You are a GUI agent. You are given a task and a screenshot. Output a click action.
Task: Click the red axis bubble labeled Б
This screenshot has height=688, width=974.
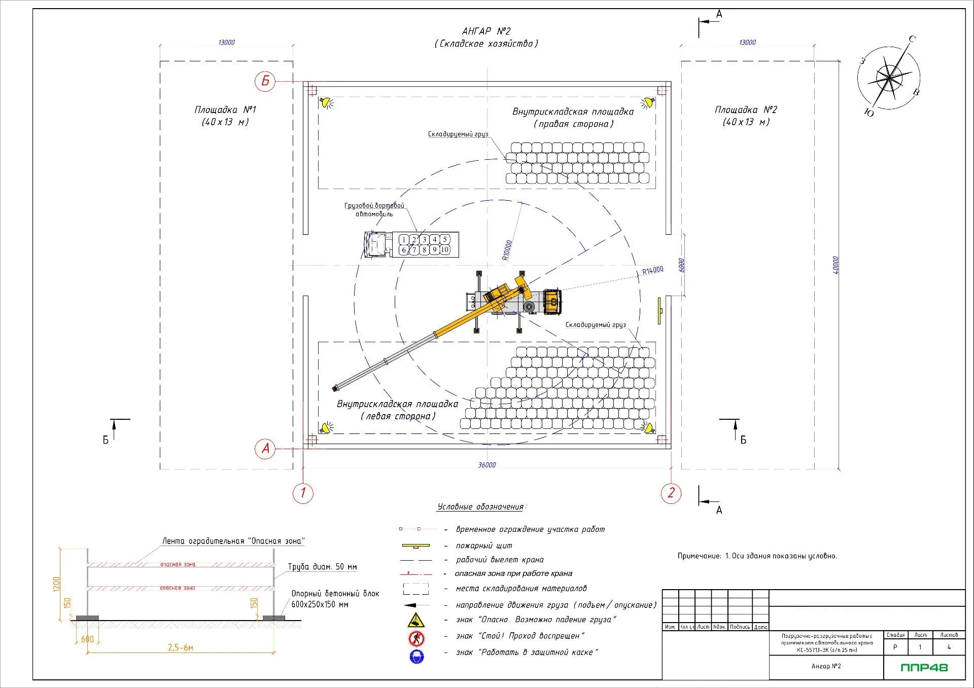[x=265, y=81]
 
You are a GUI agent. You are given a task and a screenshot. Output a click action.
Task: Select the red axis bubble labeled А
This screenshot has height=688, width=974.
[x=265, y=449]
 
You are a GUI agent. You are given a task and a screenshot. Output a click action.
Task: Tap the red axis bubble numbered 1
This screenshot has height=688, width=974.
[x=303, y=493]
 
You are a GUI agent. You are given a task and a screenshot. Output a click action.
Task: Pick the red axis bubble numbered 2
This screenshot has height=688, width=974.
[x=671, y=493]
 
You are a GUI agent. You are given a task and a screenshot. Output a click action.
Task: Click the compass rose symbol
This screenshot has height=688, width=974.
[x=889, y=78]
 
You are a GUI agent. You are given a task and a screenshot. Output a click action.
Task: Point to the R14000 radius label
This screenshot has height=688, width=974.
[x=652, y=271]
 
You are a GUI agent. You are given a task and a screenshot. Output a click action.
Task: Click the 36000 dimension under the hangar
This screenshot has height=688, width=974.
[x=487, y=465]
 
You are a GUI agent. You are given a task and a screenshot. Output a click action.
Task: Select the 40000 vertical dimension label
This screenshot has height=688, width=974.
[x=836, y=265]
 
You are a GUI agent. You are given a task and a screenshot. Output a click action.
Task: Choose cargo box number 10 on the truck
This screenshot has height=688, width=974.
[x=445, y=250]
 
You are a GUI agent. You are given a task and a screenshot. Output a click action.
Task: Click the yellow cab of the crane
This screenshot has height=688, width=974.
[x=552, y=302]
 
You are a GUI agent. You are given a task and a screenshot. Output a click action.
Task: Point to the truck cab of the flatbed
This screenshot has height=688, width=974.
[x=375, y=244]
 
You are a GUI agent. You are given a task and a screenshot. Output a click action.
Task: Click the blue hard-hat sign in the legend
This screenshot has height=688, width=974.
[x=416, y=657]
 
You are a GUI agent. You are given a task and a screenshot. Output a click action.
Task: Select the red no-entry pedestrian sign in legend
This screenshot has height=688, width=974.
[x=416, y=638]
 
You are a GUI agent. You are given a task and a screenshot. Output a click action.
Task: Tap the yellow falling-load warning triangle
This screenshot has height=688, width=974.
[x=416, y=620]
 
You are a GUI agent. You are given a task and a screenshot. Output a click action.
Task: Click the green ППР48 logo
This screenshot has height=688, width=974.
[x=924, y=667]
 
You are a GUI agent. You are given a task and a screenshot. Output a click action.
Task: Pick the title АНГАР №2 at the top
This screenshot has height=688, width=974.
[x=486, y=31]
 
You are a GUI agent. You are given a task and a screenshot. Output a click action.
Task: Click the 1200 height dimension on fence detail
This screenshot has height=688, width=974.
[x=56, y=584]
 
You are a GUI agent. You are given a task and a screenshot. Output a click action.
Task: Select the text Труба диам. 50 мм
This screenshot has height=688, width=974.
[x=322, y=567]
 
